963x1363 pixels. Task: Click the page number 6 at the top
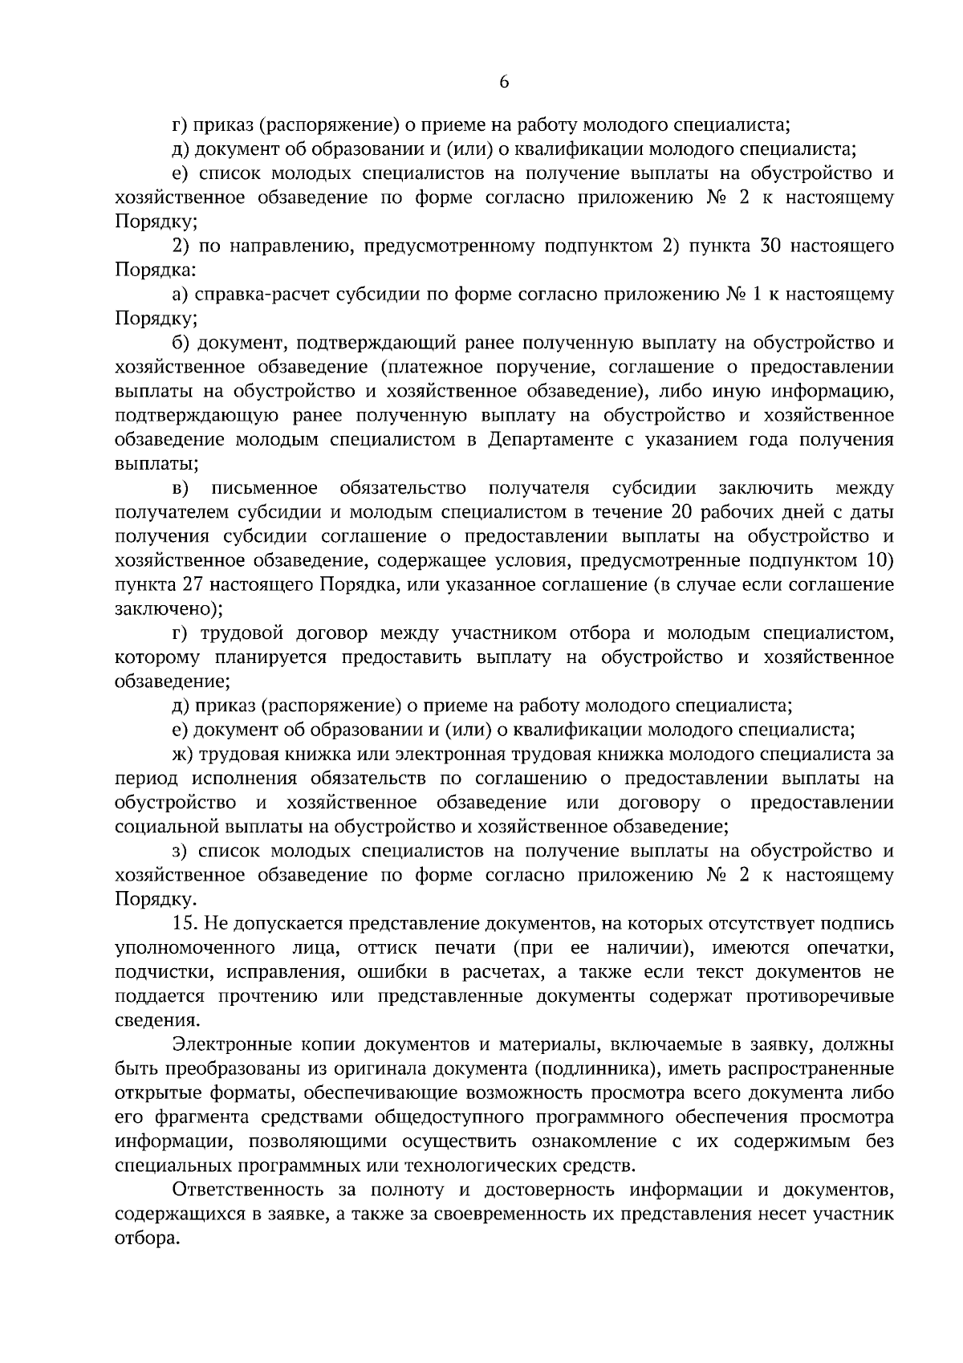[x=504, y=81]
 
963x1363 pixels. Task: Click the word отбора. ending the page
[x=146, y=1239]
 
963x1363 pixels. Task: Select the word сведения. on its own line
[x=154, y=1021]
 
